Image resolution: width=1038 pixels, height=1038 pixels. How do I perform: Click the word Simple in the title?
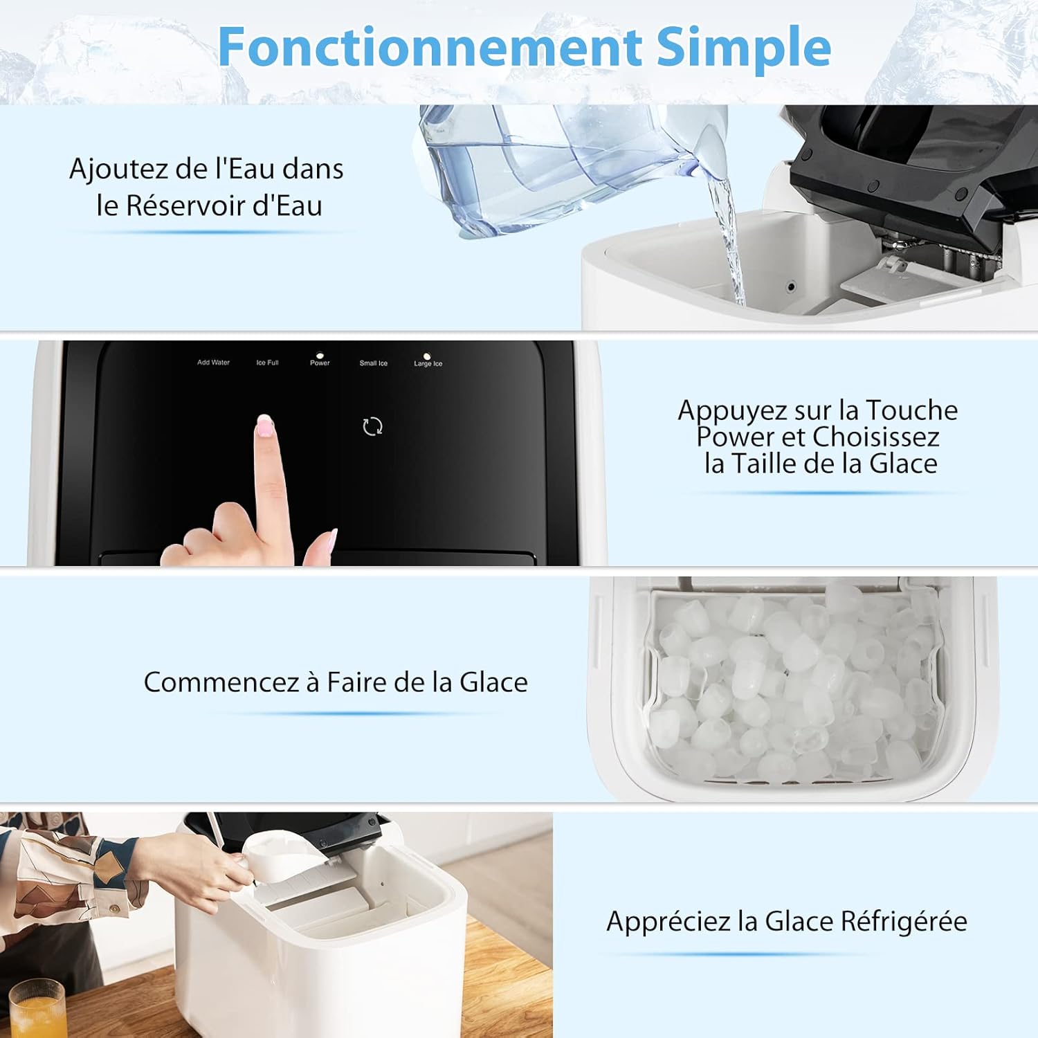point(744,47)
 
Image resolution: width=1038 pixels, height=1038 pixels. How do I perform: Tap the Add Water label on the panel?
point(213,363)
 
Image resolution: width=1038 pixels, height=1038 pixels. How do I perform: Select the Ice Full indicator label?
point(267,363)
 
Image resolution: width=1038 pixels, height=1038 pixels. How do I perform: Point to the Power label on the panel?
point(320,363)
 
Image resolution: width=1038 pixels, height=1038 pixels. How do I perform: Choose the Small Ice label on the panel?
point(374,363)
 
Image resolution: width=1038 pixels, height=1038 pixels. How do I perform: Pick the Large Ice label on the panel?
point(428,363)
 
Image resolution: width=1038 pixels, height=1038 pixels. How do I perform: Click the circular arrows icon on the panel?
point(372,426)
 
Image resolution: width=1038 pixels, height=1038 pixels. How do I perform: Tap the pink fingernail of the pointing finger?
point(264,424)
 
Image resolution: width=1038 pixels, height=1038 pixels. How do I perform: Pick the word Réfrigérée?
point(904,922)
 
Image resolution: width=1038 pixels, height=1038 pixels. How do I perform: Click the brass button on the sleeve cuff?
point(114,907)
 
